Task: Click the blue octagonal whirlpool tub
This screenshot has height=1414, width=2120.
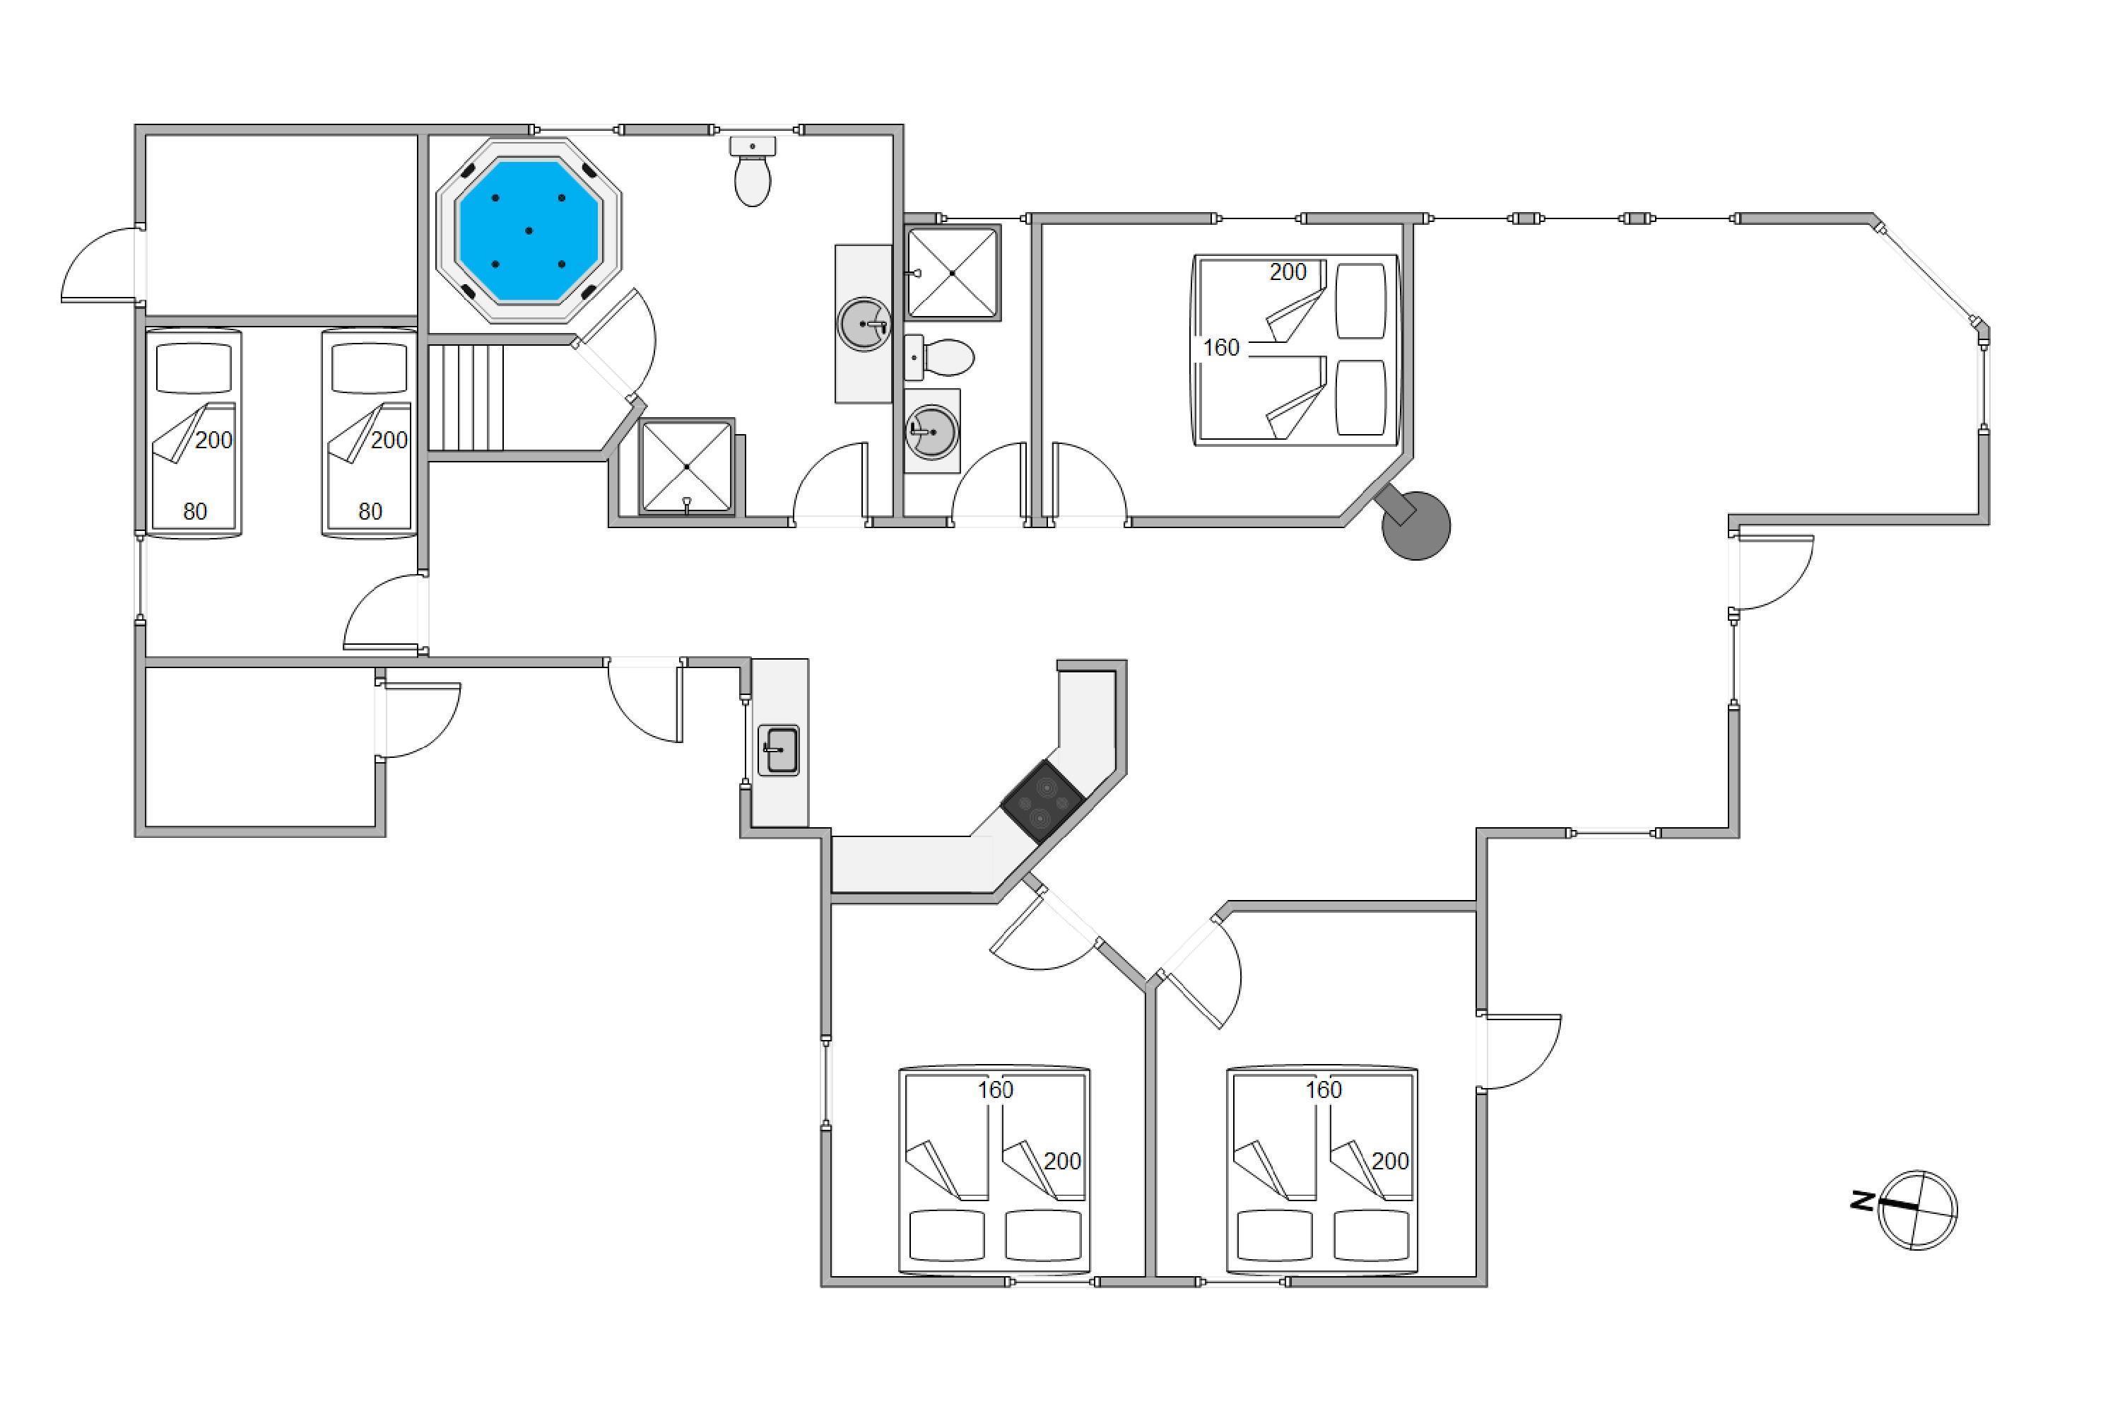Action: pyautogui.click(x=529, y=230)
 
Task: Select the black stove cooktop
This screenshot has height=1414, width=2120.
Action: pyautogui.click(x=1043, y=802)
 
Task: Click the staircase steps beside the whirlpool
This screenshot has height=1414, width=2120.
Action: pyautogui.click(x=465, y=397)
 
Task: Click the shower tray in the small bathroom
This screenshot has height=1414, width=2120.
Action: pyautogui.click(x=953, y=273)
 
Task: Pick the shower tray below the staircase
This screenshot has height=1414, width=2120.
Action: pyautogui.click(x=687, y=466)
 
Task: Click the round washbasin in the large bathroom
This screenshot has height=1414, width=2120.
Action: pyautogui.click(x=864, y=323)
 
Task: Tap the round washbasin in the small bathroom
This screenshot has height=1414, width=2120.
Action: pyautogui.click(x=932, y=429)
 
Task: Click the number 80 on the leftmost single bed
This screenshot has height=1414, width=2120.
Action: pyautogui.click(x=195, y=511)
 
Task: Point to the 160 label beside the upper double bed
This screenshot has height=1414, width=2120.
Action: pyautogui.click(x=1221, y=347)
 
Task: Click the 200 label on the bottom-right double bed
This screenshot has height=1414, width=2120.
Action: pyautogui.click(x=1390, y=1161)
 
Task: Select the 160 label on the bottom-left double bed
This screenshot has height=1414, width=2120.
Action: pyautogui.click(x=996, y=1089)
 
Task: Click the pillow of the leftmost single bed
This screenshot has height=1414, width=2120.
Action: pyautogui.click(x=194, y=368)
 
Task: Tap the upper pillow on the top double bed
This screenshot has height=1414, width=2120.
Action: pyautogui.click(x=1360, y=300)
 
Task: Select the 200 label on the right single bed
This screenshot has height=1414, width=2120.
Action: pyautogui.click(x=389, y=440)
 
